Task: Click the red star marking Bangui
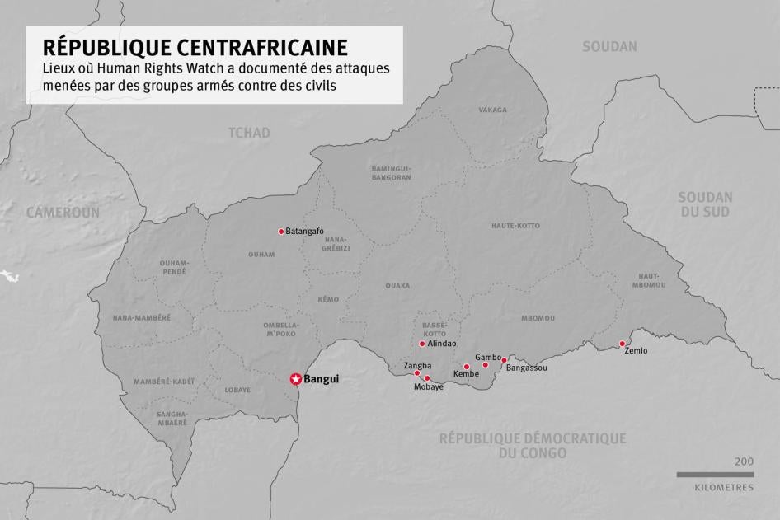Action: click(295, 379)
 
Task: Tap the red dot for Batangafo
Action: click(281, 232)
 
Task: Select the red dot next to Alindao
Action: click(422, 344)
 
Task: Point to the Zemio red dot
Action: click(623, 344)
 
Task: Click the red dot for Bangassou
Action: click(504, 360)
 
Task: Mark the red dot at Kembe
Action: click(467, 367)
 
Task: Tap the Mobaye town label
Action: click(429, 387)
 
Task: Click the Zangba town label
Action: click(417, 365)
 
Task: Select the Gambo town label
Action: click(488, 357)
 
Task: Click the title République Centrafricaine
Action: click(195, 46)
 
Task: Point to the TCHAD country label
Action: click(249, 133)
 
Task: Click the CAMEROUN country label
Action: click(63, 213)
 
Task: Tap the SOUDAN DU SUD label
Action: click(705, 204)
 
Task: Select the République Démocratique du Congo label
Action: click(532, 446)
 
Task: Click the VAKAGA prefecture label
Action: click(493, 110)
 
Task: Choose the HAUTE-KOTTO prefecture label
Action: click(515, 226)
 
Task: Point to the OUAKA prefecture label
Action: click(397, 286)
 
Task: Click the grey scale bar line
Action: click(715, 475)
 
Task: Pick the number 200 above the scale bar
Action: click(743, 462)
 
